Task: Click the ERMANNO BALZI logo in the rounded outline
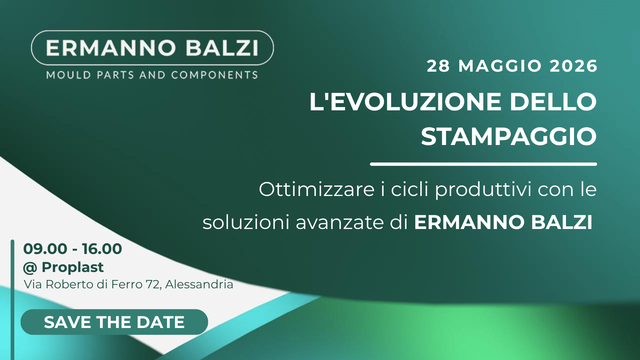(x=152, y=48)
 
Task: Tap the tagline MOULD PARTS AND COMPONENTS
(x=152, y=75)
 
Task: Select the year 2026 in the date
(x=573, y=66)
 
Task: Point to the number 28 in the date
(x=438, y=66)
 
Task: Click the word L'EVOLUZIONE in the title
(x=405, y=102)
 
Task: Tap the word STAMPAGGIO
(x=509, y=137)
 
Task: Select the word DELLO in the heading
(x=553, y=102)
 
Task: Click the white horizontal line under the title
(x=483, y=164)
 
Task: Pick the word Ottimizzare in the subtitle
(x=317, y=190)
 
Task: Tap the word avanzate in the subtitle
(x=340, y=222)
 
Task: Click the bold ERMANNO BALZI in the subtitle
(x=503, y=222)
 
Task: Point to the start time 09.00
(x=45, y=249)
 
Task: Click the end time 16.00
(x=102, y=249)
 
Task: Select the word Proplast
(x=73, y=267)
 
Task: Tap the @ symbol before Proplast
(x=30, y=268)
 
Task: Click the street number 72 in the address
(x=153, y=284)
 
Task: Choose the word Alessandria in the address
(x=199, y=284)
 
